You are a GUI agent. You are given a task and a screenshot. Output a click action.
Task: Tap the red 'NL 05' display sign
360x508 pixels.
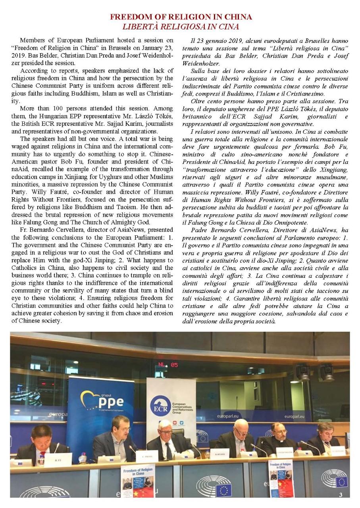[168, 364]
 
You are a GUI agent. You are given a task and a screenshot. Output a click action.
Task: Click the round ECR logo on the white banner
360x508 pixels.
[161, 406]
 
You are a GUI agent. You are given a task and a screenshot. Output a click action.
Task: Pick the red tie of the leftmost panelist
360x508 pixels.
[42, 454]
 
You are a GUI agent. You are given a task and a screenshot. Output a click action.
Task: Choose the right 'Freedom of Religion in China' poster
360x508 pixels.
[281, 478]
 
